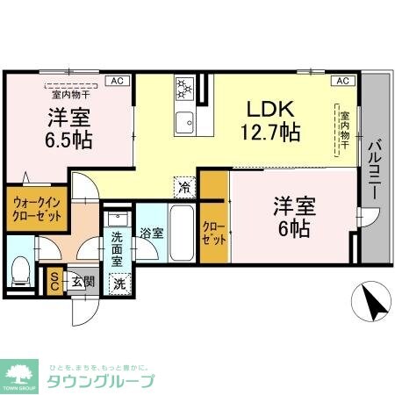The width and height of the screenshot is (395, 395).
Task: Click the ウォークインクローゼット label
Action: tap(36, 210)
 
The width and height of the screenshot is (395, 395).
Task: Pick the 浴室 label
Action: tap(150, 233)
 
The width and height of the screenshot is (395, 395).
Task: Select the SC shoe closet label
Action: tap(54, 281)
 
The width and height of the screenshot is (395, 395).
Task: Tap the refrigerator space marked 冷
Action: tap(184, 185)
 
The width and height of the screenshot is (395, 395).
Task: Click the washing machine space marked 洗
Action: tap(119, 283)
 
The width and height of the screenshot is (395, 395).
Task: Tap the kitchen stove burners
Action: tap(185, 88)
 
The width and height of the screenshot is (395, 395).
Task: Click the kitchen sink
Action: tap(185, 120)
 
